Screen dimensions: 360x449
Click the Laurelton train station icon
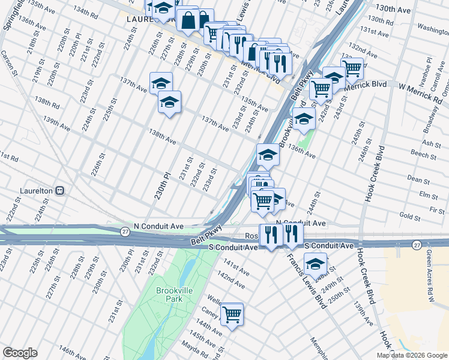pyautogui.click(x=60, y=191)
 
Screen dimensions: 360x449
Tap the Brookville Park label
pyautogui.click(x=173, y=294)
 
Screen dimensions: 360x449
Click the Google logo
pyautogui.click(x=20, y=353)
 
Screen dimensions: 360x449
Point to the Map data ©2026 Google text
pyautogui.click(x=411, y=355)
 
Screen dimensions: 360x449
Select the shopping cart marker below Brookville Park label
pyautogui.click(x=232, y=314)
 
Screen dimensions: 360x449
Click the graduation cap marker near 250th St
pyautogui.click(x=315, y=263)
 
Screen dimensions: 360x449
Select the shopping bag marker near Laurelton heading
pyautogui.click(x=188, y=21)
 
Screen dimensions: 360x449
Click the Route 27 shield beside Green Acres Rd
pyautogui.click(x=417, y=245)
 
